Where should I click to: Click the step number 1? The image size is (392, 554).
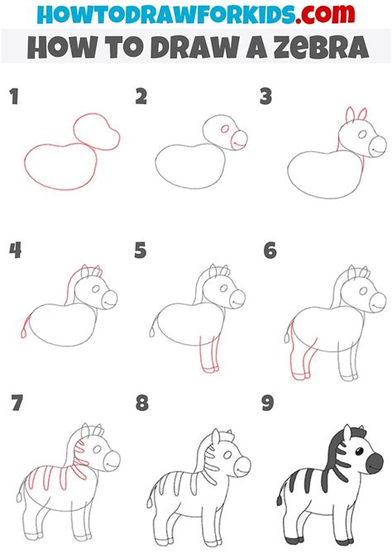click(x=15, y=97)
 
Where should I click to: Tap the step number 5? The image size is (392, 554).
click(x=141, y=251)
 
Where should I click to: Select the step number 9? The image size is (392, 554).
click(x=268, y=403)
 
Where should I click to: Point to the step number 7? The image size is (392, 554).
click(x=17, y=403)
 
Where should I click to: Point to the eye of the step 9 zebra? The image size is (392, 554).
click(x=359, y=452)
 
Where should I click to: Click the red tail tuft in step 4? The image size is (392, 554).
click(x=24, y=333)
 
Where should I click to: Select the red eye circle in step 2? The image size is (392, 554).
click(x=225, y=129)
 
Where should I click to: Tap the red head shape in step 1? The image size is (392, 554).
click(x=97, y=131)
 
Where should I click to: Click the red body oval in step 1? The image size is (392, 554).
click(x=60, y=166)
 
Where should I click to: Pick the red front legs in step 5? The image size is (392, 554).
click(x=209, y=354)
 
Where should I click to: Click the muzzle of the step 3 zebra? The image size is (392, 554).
click(x=377, y=146)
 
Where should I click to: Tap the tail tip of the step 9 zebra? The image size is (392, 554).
click(x=280, y=500)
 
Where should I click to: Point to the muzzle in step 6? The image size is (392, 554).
click(x=377, y=302)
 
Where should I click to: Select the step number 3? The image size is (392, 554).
click(x=265, y=97)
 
